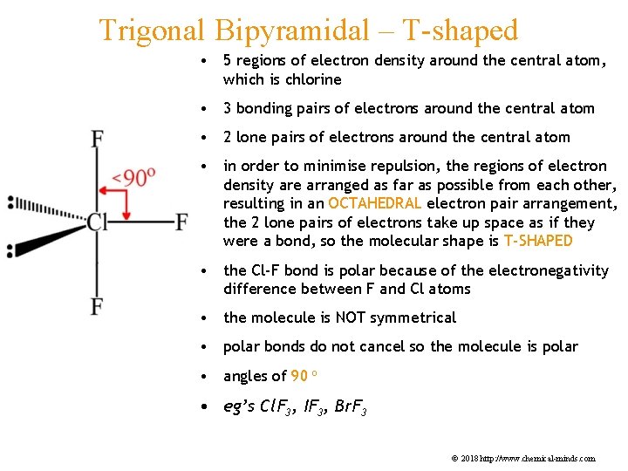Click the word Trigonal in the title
tap(151, 30)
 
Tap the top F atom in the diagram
tap(97, 140)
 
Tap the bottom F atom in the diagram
tap(97, 306)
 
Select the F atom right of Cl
tap(181, 222)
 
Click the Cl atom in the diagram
tap(97, 222)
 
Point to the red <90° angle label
tap(134, 178)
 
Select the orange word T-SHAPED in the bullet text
tap(538, 241)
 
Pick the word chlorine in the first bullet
tap(314, 79)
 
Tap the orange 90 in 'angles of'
tap(299, 376)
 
